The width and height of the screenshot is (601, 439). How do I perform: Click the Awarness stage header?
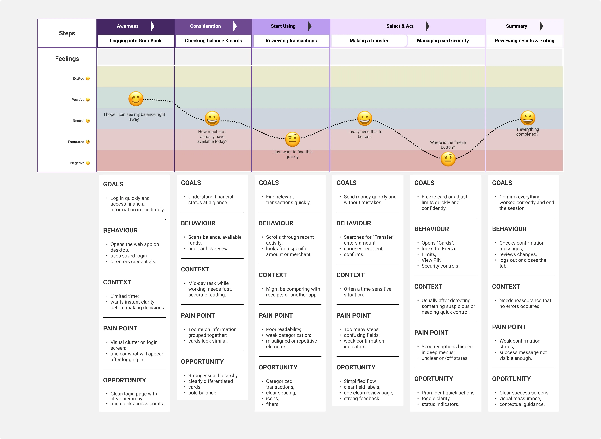pos(128,26)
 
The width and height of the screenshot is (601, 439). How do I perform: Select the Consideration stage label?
pos(205,26)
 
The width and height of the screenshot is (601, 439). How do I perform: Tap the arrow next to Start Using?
pos(310,26)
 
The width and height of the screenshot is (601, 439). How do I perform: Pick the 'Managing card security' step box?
pos(443,41)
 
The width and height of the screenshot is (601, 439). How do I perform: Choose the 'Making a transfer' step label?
pos(369,41)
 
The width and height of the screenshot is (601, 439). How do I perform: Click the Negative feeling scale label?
pos(77,163)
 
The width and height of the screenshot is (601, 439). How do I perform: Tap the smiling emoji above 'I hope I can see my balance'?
pos(136,99)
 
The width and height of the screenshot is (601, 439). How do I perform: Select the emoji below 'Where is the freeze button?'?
pos(448,159)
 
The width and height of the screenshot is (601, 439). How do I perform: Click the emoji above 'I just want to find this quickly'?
pos(292,139)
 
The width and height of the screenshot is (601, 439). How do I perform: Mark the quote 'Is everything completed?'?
pos(527,132)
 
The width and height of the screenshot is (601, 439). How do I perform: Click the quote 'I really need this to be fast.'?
pos(365,134)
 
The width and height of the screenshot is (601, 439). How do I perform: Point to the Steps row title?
pos(67,33)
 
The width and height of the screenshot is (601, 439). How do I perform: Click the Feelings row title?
pos(67,59)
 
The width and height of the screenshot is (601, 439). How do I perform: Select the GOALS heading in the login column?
pos(113,184)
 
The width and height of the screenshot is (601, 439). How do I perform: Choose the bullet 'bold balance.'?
pos(203,392)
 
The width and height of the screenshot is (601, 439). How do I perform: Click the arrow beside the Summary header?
pos(541,26)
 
